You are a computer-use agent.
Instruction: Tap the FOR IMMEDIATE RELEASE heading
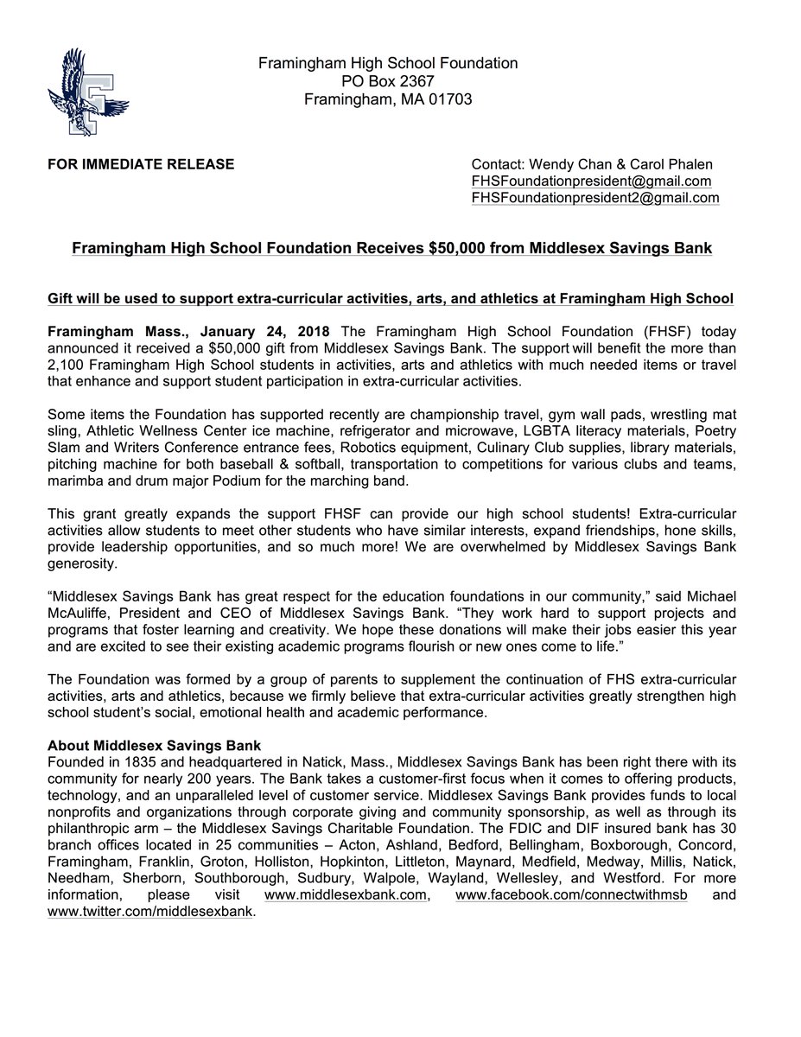tap(141, 164)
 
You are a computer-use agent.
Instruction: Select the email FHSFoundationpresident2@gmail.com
tap(594, 198)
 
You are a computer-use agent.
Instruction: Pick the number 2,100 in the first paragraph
tap(67, 364)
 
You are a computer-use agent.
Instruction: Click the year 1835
tap(142, 762)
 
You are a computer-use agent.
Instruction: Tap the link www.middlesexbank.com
tap(346, 894)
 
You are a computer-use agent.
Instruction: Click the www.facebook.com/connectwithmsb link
tap(571, 894)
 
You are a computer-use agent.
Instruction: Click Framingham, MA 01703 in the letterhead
tap(388, 99)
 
